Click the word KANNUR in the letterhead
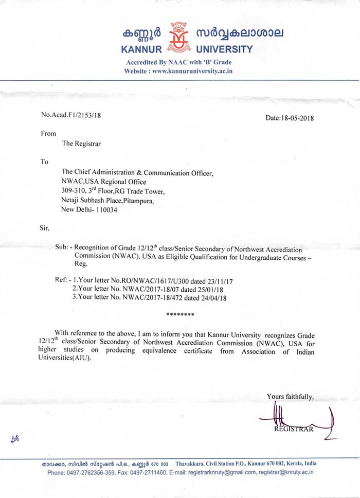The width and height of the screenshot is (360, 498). tap(141, 50)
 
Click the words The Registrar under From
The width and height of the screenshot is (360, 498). tap(81, 144)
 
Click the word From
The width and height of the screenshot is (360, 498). tap(48, 133)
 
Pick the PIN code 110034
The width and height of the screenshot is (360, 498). tap(106, 209)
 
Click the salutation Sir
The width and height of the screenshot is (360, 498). tap(45, 226)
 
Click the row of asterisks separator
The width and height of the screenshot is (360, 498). tap(181, 314)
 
